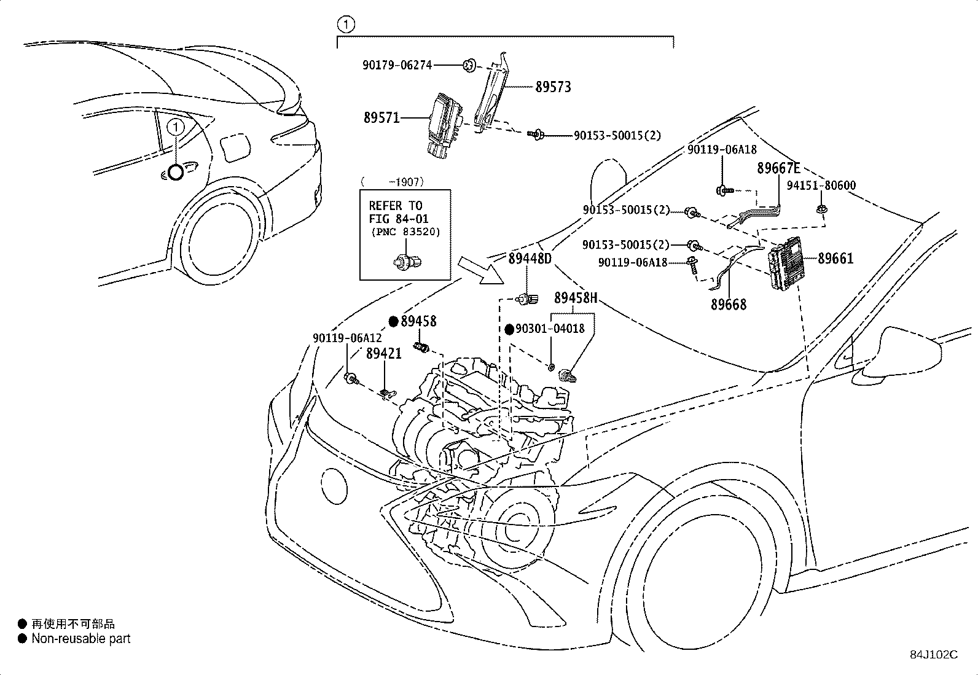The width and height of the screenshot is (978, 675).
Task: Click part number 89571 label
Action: (x=381, y=118)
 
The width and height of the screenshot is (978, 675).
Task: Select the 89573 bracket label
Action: (x=553, y=87)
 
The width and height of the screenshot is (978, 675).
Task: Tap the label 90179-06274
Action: (x=397, y=65)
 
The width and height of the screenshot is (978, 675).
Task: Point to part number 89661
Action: (x=835, y=259)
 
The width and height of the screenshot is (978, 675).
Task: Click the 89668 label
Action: (x=729, y=304)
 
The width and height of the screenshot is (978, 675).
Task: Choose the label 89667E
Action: (x=778, y=168)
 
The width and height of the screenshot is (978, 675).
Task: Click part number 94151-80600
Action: (x=821, y=185)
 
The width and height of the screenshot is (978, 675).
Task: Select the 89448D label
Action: (x=530, y=259)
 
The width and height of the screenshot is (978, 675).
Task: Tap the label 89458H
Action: (x=576, y=298)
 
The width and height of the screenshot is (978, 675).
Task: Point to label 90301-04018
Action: (x=550, y=329)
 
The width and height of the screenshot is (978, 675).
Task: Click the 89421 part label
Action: (x=384, y=354)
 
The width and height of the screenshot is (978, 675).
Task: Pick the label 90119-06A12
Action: (x=347, y=338)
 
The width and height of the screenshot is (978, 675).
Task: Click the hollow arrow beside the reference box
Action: (x=480, y=271)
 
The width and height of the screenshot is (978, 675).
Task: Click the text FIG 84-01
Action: (x=399, y=219)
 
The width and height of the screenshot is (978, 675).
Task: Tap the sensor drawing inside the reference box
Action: (x=407, y=262)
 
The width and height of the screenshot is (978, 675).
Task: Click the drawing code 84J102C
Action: (x=934, y=655)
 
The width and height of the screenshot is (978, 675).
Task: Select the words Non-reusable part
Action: (x=81, y=639)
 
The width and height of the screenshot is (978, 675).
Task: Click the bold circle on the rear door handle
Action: (x=176, y=173)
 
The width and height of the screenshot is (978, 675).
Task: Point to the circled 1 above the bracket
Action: (x=346, y=25)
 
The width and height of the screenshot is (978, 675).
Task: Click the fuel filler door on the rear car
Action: (x=236, y=147)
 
